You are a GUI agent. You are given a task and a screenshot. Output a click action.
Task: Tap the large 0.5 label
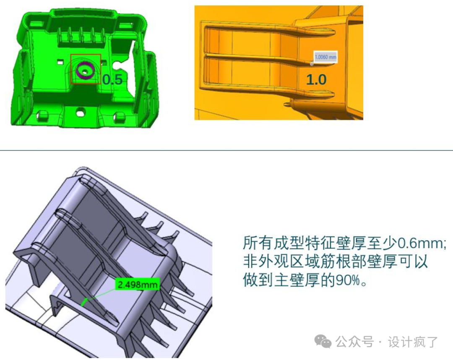tap(112, 79)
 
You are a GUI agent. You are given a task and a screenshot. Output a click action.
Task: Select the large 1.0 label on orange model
tap(316, 79)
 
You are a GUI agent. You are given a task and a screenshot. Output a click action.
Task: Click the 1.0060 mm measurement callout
tap(325, 57)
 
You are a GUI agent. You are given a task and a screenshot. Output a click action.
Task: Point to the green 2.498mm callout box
tap(138, 284)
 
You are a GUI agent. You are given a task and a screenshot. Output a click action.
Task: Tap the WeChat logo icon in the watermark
tap(323, 342)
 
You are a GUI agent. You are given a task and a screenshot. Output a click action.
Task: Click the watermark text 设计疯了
tap(413, 342)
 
